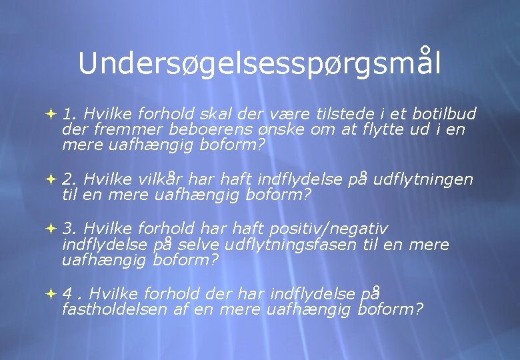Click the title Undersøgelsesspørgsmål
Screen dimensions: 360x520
(259, 63)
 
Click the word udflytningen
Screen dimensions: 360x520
(423, 179)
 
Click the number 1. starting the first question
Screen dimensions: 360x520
(69, 114)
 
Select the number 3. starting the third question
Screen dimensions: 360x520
(70, 229)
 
